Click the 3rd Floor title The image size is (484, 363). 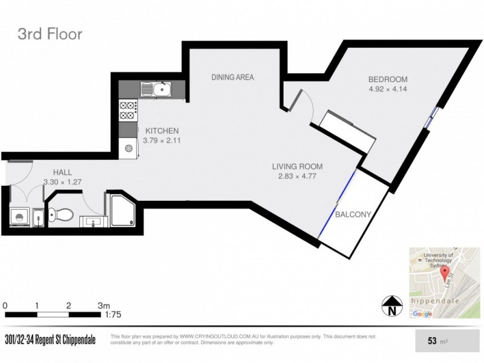[50, 34]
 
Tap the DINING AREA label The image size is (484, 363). [232, 77]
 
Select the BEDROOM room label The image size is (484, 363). [388, 79]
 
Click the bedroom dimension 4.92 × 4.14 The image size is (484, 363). [388, 90]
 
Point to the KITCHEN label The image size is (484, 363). [162, 131]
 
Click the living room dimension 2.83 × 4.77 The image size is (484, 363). [297, 177]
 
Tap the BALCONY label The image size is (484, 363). [353, 214]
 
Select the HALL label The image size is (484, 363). [62, 172]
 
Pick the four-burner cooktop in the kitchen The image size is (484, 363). [128, 111]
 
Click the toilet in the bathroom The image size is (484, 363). [61, 214]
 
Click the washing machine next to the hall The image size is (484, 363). [19, 217]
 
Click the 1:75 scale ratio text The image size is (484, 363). [113, 315]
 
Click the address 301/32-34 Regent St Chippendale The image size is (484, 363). [50, 340]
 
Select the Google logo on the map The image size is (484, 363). [422, 313]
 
